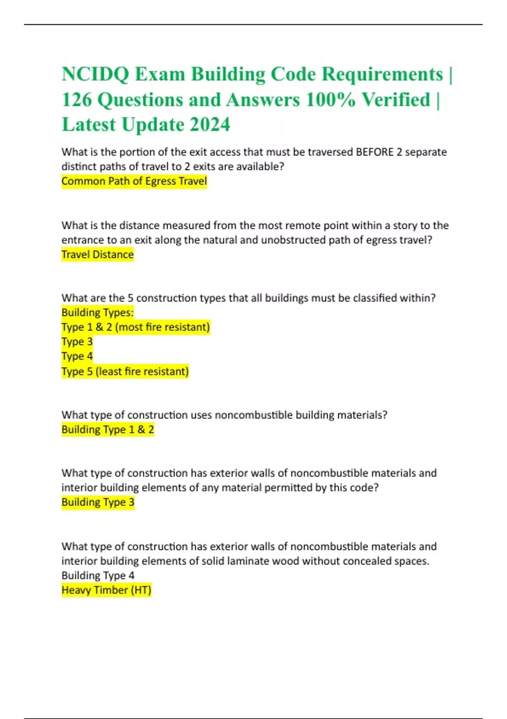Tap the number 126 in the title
click(76, 100)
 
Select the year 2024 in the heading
click(210, 124)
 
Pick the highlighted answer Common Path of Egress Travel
click(134, 181)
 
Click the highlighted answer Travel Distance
click(97, 254)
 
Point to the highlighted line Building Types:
click(97, 313)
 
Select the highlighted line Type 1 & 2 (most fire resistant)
click(135, 327)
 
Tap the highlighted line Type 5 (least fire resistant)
click(125, 371)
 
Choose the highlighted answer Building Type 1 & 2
click(107, 429)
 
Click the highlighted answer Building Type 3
click(98, 502)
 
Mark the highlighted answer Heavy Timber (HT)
click(106, 590)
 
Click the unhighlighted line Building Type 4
click(98, 575)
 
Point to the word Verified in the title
click(395, 100)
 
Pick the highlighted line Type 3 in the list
click(77, 341)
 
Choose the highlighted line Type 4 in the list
click(77, 356)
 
